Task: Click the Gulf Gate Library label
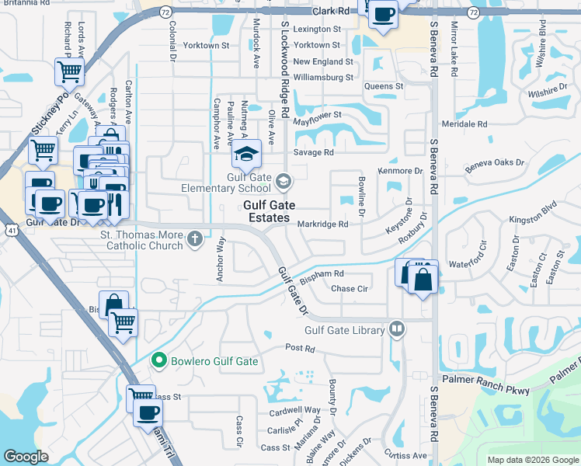click(x=345, y=330)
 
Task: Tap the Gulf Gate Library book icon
click(x=398, y=329)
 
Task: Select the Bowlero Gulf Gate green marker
click(x=159, y=360)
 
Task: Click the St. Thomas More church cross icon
click(x=195, y=240)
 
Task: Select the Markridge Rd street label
click(x=322, y=224)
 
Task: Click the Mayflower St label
click(x=318, y=115)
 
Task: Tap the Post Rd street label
click(x=299, y=349)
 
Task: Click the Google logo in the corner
click(x=26, y=457)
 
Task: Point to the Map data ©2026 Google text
click(x=532, y=460)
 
